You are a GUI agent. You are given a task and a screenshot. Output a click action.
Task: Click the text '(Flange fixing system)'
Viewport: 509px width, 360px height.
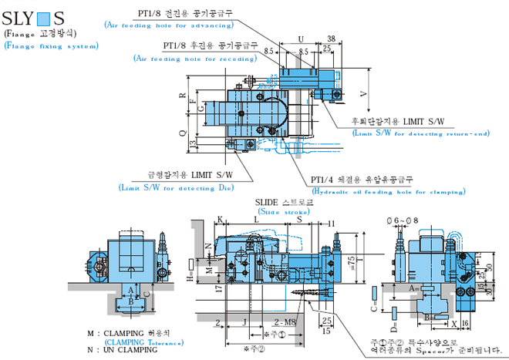pos(51,45)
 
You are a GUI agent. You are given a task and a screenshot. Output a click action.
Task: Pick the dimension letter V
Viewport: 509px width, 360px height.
pos(364,92)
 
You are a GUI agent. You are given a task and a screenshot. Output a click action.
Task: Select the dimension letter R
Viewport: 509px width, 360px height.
pos(183,97)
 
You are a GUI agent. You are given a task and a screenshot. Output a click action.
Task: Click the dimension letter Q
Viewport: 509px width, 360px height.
pos(183,133)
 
